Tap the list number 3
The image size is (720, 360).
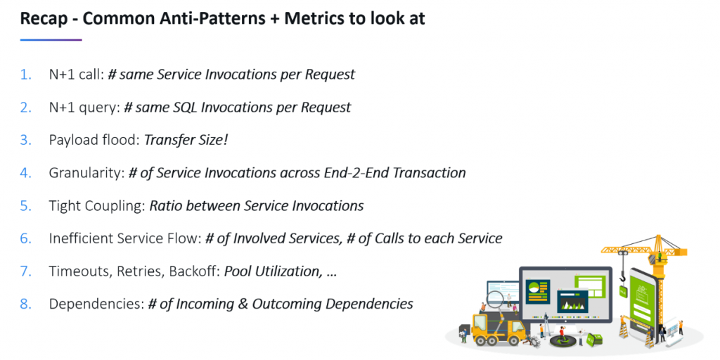click(x=26, y=140)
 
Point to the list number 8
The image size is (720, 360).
click(x=26, y=304)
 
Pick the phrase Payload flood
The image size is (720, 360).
click(x=93, y=140)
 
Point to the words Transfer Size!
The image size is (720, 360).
click(x=186, y=140)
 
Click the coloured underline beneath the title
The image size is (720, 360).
click(x=51, y=39)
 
